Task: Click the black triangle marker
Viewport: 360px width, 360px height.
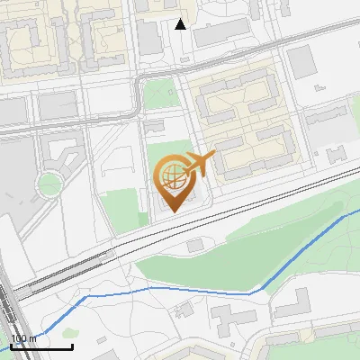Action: coord(181,24)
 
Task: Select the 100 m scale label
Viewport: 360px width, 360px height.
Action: coord(23,338)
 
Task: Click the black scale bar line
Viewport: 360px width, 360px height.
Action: coord(41,346)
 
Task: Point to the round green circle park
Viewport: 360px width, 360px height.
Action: coord(48,184)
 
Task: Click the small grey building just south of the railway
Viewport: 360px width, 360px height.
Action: coord(195,246)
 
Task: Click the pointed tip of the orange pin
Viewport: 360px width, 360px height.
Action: coord(170,211)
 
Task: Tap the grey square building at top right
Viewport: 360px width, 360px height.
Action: coord(301,62)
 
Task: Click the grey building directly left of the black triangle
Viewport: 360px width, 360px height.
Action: coord(148,36)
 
